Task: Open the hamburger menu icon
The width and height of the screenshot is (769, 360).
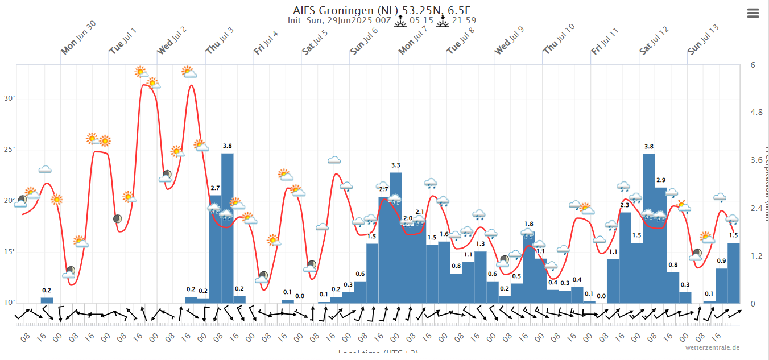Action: pyautogui.click(x=753, y=13)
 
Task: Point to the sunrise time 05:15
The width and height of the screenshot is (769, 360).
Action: pyautogui.click(x=421, y=20)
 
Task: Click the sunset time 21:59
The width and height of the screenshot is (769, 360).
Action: pyautogui.click(x=464, y=20)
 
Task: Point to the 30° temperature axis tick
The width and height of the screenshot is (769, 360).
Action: pyautogui.click(x=10, y=98)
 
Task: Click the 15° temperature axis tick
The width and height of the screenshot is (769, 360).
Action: pyautogui.click(x=10, y=252)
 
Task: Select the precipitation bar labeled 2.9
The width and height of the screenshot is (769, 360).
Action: pyautogui.click(x=661, y=245)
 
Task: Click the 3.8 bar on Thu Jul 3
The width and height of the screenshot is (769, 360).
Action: pyautogui.click(x=228, y=228)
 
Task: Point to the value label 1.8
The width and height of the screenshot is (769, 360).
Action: pyautogui.click(x=528, y=224)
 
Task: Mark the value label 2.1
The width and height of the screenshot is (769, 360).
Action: pyautogui.click(x=420, y=212)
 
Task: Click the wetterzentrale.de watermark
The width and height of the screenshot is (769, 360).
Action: pyautogui.click(x=712, y=347)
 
